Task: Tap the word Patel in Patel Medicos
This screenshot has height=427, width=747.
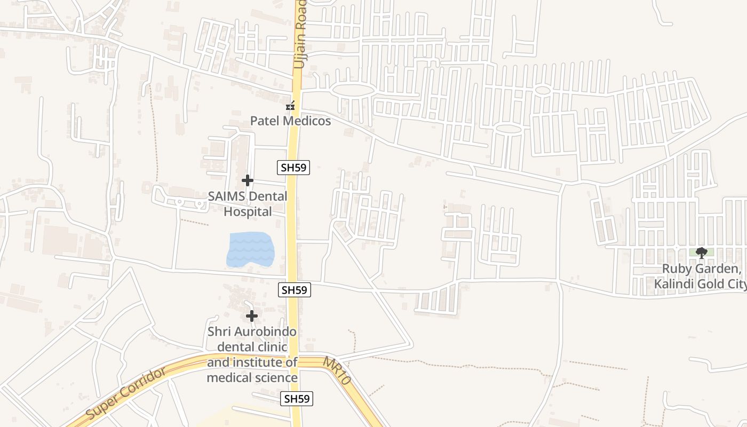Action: [265, 121]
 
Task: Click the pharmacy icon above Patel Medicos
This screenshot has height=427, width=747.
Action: [290, 106]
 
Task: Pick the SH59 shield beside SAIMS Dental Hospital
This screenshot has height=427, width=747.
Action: [294, 168]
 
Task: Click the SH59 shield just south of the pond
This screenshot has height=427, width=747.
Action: [295, 290]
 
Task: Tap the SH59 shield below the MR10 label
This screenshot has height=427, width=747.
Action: [297, 398]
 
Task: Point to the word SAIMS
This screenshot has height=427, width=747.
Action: [226, 196]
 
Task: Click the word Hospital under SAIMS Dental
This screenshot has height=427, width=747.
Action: [248, 211]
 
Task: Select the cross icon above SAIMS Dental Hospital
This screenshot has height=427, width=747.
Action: [247, 180]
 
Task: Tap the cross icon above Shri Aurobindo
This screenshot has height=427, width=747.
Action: [251, 316]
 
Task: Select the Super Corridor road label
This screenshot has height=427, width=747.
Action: [125, 393]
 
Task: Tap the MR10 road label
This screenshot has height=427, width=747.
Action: [336, 371]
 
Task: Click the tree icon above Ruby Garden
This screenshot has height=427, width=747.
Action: [701, 253]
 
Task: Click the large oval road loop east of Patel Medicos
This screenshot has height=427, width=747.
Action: [352, 90]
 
